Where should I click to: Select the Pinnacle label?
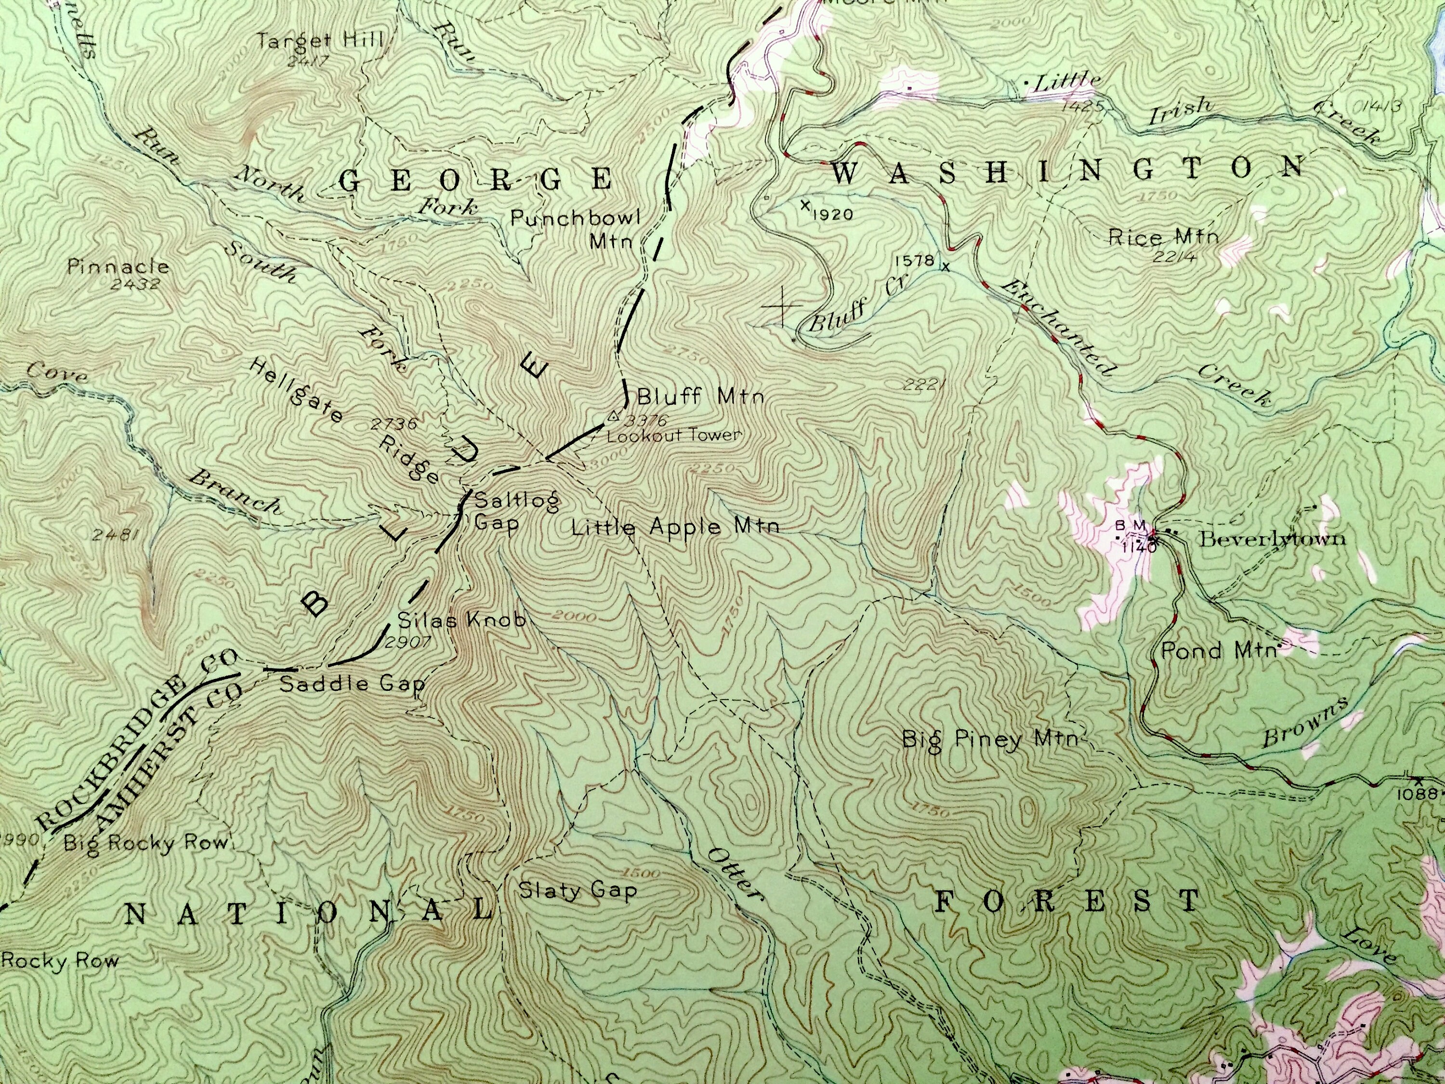pos(118,266)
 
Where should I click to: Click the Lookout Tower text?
pos(674,435)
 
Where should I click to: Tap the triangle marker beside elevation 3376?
pos(613,415)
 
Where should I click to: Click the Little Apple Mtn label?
pos(675,527)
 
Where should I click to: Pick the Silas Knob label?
pos(461,620)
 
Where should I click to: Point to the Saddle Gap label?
pos(352,684)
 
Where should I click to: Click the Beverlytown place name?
pos(1272,539)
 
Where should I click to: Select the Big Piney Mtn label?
pos(989,739)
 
